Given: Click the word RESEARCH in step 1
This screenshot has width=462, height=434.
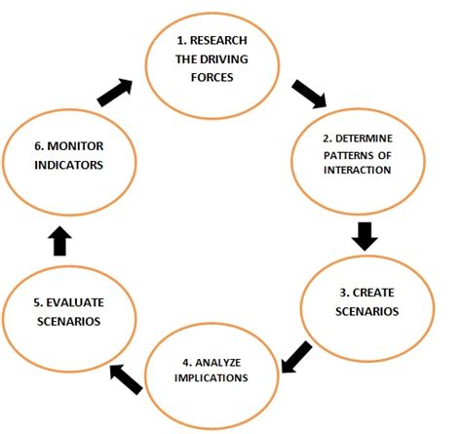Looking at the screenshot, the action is click(218, 40).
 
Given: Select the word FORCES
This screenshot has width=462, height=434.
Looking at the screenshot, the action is click(212, 77).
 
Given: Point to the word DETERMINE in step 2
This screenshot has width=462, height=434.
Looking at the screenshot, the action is click(364, 138).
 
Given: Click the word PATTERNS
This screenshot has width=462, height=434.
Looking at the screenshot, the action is click(348, 155).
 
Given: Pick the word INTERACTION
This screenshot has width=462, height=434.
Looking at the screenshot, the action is click(357, 170).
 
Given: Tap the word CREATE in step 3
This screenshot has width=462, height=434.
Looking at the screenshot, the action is click(373, 293).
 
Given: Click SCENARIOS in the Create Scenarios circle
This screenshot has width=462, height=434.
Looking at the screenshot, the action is click(366, 311).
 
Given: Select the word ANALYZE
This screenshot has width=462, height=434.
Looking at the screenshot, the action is click(218, 362).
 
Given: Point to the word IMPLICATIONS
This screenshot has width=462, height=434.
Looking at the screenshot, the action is click(212, 377).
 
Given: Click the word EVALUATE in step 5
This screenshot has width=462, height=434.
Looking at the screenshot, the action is click(75, 302).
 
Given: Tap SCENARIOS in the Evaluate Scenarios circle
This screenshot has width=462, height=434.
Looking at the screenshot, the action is click(68, 321).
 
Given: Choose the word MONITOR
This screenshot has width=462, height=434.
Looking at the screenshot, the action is click(75, 146).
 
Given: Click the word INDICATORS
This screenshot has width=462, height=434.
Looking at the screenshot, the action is click(68, 165).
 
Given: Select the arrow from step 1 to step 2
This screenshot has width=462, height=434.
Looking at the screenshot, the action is click(309, 94).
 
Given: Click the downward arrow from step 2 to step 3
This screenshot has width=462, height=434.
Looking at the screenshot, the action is click(365, 236).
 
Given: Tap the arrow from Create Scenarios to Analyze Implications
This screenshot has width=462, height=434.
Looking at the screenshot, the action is click(296, 357).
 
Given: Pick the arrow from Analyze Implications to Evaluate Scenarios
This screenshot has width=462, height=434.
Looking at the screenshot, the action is click(126, 379).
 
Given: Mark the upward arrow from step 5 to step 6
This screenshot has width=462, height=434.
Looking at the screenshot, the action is click(59, 241).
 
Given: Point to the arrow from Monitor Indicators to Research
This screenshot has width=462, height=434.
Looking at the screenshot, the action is click(115, 93).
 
